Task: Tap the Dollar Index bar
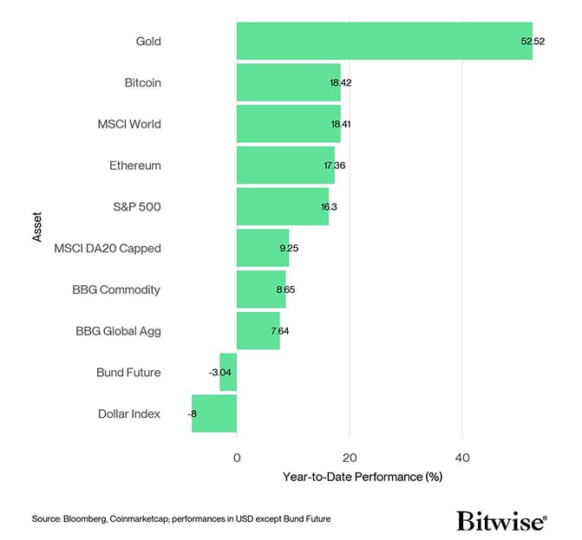point(214,413)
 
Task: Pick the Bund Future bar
point(228,372)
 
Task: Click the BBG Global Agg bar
point(258,330)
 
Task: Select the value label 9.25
point(288,249)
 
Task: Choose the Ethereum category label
point(135,166)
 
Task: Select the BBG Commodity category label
point(116,290)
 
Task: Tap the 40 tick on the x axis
point(462,457)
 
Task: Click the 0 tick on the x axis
point(237,457)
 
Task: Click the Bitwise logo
point(501,520)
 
